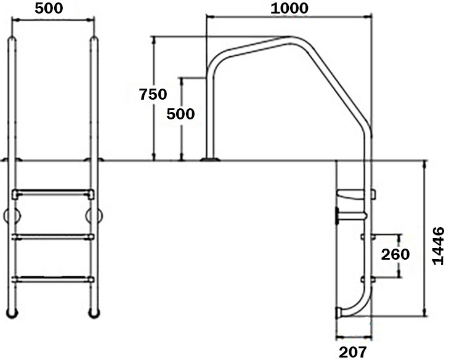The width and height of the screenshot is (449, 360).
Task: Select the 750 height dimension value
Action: point(153,94)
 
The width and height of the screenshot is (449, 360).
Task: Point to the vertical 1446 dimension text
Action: point(438,246)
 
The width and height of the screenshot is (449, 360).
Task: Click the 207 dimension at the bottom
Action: point(353,351)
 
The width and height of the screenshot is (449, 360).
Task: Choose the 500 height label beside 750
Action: point(181,114)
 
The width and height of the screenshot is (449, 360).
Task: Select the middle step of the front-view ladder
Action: point(53,236)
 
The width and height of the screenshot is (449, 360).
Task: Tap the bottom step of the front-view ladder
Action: point(53,279)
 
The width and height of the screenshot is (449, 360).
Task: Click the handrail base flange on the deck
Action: point(209,160)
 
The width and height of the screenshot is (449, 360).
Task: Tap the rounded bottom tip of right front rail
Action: point(94,313)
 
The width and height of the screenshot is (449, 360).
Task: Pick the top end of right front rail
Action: point(94,41)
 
